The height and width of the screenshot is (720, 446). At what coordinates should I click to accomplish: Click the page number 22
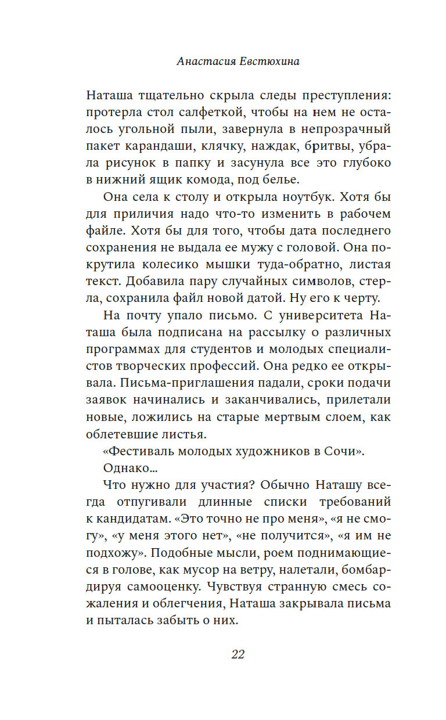238,654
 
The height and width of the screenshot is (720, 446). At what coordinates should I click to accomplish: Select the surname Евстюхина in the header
269,62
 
